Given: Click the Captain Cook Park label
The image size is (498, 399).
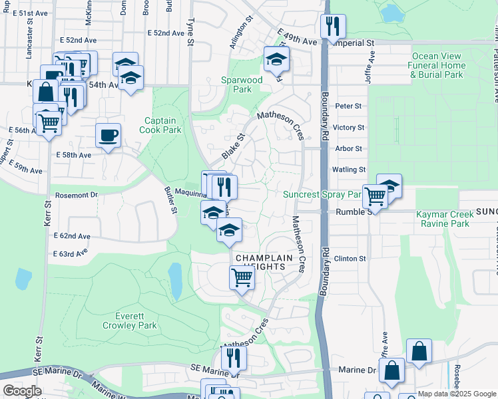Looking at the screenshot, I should [160, 126].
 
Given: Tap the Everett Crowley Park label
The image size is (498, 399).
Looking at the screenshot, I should [129, 321].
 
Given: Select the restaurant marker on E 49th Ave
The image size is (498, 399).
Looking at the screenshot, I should [331, 27].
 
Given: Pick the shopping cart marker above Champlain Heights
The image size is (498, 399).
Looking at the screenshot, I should [242, 277].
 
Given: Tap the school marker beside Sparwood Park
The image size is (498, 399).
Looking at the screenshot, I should [276, 60].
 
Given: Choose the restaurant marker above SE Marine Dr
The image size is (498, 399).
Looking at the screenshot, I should [234, 358].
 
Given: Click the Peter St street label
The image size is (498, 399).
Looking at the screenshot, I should [348, 106].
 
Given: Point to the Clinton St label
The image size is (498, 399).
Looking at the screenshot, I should [350, 259].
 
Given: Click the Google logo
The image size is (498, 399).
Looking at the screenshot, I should [22, 391].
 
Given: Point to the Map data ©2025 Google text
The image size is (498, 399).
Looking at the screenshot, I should [456, 394].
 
